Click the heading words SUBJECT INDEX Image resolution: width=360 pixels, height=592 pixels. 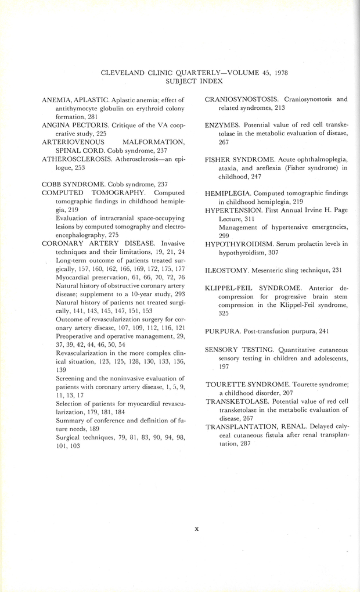195,82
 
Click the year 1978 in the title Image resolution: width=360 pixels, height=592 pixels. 278,73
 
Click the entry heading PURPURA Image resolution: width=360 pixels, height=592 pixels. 223,331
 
